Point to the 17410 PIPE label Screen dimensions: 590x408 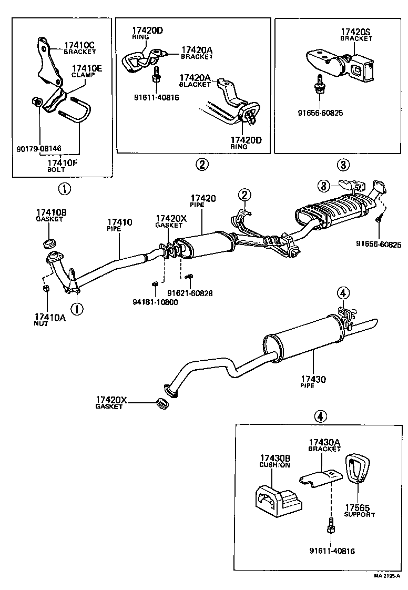[119, 225]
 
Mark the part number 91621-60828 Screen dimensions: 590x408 [190, 293]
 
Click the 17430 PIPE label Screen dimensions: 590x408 [314, 381]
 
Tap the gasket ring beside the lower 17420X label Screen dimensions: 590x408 [164, 404]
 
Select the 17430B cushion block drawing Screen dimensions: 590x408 [278, 497]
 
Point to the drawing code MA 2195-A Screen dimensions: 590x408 [386, 576]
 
